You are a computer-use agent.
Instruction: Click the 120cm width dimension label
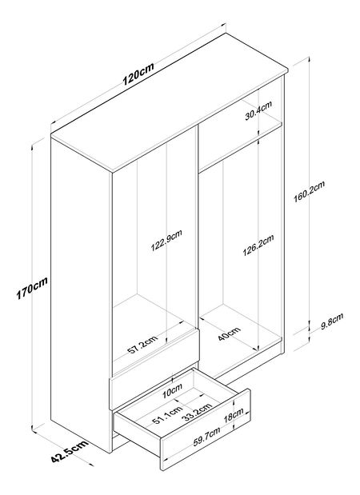click(138, 74)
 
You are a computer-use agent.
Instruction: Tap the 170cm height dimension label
click(32, 288)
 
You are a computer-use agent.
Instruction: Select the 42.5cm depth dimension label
click(70, 451)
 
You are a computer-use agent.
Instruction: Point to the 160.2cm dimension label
click(309, 192)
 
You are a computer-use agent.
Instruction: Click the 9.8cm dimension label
click(332, 321)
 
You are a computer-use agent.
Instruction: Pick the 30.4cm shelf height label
click(258, 110)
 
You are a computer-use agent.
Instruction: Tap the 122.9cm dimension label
click(166, 241)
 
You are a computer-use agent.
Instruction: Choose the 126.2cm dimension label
click(258, 246)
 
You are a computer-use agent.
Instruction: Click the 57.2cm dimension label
click(142, 345)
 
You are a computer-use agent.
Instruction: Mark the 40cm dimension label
click(229, 334)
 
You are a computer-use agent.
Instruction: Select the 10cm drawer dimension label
click(172, 391)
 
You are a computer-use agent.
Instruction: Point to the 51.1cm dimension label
click(167, 415)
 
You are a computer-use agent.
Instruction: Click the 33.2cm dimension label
click(198, 412)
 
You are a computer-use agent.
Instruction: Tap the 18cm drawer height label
click(234, 415)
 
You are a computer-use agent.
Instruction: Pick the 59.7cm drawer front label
click(207, 437)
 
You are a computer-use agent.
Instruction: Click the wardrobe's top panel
click(170, 102)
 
